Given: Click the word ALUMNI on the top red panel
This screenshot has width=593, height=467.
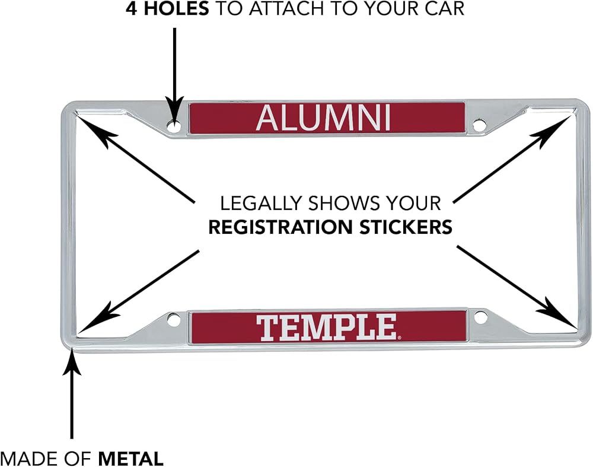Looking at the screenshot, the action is pos(323,118).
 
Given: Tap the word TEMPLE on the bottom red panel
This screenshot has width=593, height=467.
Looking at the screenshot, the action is pos(327,327).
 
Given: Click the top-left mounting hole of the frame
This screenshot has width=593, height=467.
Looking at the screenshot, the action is pos(174,126).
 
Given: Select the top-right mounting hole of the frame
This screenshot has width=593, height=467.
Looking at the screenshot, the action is pos(479,125).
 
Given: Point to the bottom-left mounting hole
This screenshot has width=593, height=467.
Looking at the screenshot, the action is pos(173,319).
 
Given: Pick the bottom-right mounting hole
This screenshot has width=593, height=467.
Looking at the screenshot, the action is pos(480,317).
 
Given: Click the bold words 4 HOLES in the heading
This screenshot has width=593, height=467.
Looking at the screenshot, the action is pos(167,8).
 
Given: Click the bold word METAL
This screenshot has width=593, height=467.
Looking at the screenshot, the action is pos(131,459).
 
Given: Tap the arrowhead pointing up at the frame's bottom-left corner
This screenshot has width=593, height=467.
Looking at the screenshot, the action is pos(72,363).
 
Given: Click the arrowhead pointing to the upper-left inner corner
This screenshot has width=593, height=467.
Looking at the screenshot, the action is pos(94,129).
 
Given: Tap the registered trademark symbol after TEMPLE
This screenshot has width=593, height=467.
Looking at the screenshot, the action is pos(399,338).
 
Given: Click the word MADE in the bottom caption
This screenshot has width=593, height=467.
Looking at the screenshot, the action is pos(28,459).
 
